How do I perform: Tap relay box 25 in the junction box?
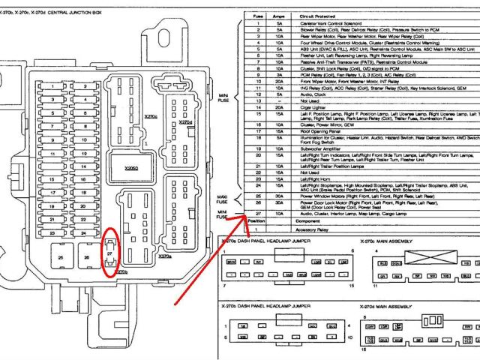tap(60, 259)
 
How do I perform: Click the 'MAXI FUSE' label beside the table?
tap(223, 199)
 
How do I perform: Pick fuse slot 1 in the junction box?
tap(52, 86)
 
